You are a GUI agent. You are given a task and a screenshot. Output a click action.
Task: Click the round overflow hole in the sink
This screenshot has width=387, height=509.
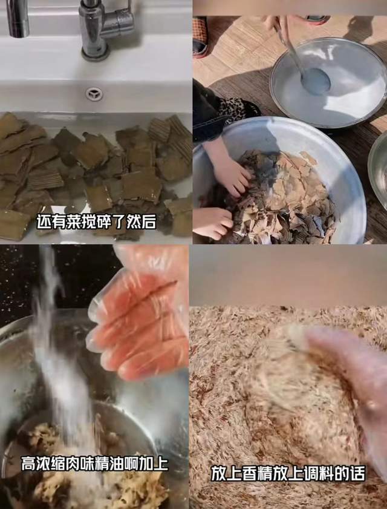tap(94, 94)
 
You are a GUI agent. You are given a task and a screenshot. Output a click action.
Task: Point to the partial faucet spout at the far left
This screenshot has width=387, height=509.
tap(18, 18)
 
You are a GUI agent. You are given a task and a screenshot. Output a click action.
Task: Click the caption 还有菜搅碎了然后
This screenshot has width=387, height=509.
tap(97, 222)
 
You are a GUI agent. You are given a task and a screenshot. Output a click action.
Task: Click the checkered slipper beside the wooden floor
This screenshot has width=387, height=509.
tap(200, 36)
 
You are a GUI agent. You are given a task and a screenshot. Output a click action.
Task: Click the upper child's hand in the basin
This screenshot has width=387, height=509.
tap(231, 176)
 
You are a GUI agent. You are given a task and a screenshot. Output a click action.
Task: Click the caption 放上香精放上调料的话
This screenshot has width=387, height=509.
tap(288, 473)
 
